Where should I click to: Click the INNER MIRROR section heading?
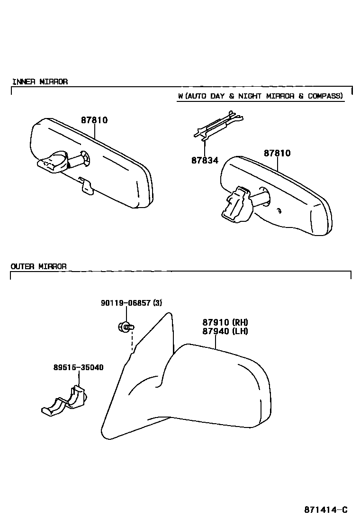click(40, 82)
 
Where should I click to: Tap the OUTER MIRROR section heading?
click(39, 266)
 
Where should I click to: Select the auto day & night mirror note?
click(260, 96)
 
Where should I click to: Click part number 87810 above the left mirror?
click(94, 120)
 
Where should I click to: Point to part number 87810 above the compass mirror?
click(277, 154)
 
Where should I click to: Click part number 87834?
click(205, 161)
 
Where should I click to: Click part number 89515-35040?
click(78, 367)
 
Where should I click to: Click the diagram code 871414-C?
click(325, 510)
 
